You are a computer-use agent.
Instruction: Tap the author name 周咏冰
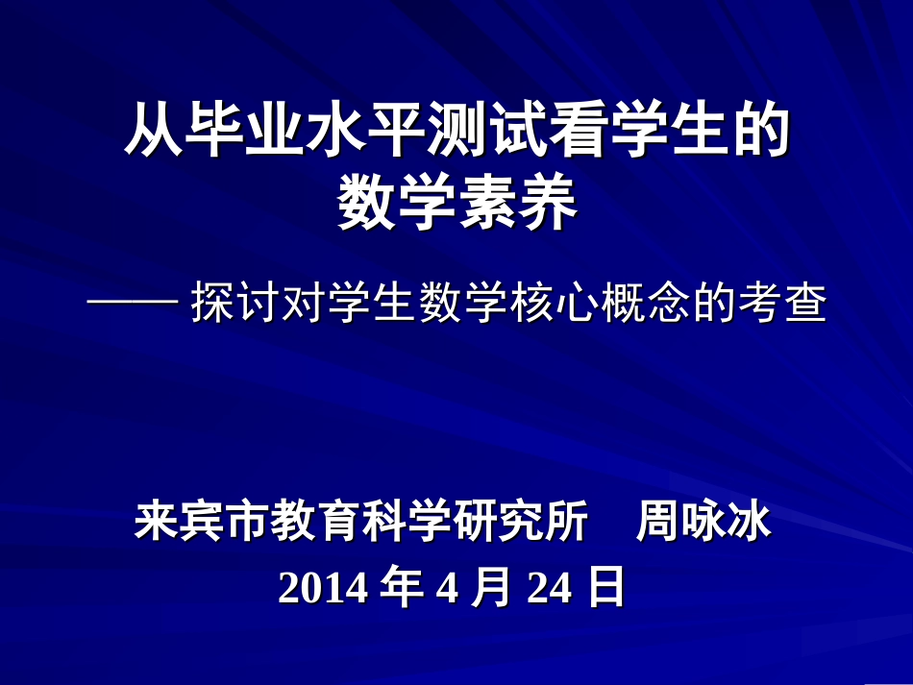point(703,524)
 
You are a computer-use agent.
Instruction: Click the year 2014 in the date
point(323,588)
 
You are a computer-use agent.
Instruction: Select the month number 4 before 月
point(447,588)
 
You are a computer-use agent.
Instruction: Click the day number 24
point(550,588)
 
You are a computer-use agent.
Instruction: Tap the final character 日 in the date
point(605,588)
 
